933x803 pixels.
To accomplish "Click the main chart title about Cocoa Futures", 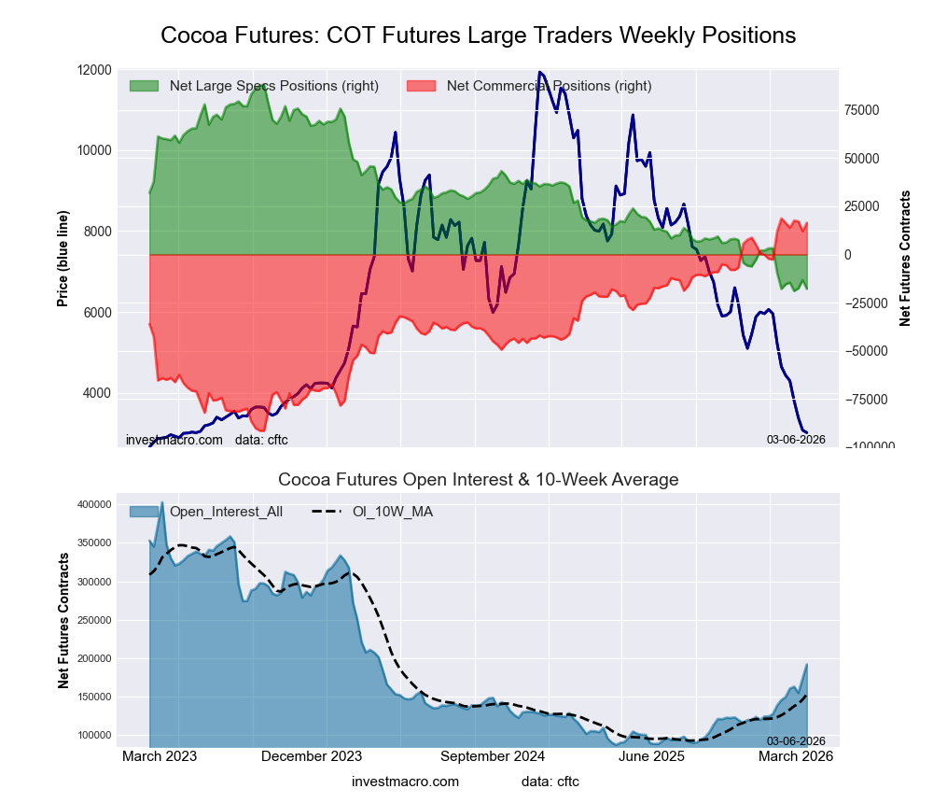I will pyautogui.click(x=478, y=35).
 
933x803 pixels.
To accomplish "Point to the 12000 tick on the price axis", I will pyautogui.click(x=95, y=70).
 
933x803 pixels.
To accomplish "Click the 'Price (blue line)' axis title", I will pyautogui.click(x=63, y=259).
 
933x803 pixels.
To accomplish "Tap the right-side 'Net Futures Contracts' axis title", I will pyautogui.click(x=905, y=259).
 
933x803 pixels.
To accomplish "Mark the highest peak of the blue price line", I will pyautogui.click(x=539, y=72).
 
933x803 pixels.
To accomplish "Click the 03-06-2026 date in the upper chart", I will pyautogui.click(x=796, y=439).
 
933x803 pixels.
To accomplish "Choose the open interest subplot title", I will pyautogui.click(x=478, y=480).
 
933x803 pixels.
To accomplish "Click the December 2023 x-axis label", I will pyautogui.click(x=312, y=756).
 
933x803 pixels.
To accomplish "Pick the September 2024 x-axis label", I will pyautogui.click(x=493, y=756).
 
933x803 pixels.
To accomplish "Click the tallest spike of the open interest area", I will pyautogui.click(x=161, y=502).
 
